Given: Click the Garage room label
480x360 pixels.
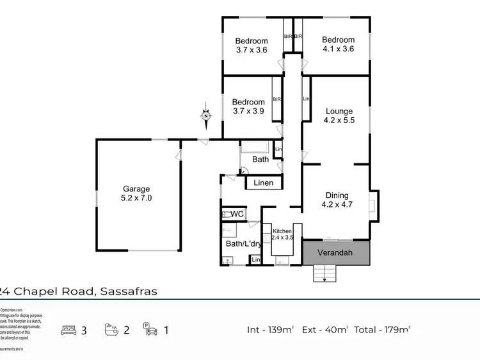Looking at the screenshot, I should pos(137,193).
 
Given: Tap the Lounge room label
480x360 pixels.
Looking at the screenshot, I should pos(338,115).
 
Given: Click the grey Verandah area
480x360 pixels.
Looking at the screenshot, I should pos(337,252).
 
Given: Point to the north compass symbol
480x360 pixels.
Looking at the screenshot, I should pos(206,116).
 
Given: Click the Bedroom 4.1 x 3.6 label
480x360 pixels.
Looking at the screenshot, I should pos(338,44).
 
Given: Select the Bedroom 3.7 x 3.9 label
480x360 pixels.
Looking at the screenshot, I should pos(248,107).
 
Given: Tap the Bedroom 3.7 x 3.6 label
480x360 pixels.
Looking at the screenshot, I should pos(251,45).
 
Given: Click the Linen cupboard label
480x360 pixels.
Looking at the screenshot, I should pos(263,183).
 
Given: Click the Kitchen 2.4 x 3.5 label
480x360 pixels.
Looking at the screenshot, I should pos(282,234).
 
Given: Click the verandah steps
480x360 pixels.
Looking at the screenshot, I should pos(324,274).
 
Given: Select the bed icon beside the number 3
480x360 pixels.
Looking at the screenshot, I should pos(69,330).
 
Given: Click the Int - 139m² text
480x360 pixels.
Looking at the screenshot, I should pos(270,330).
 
